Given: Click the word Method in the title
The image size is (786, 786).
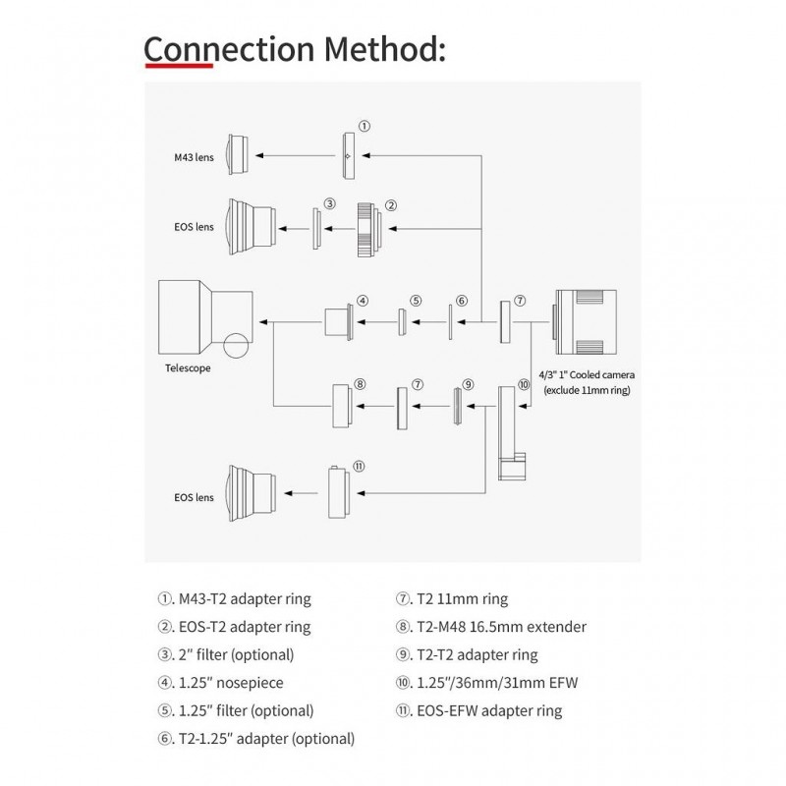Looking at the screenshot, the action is click(x=384, y=49).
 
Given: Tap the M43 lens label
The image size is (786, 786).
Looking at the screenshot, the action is click(x=194, y=157).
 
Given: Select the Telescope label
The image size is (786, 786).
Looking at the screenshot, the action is click(x=188, y=367).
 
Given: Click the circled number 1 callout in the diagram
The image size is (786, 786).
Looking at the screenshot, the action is click(x=365, y=126).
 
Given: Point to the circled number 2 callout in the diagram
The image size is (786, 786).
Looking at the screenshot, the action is click(x=391, y=205).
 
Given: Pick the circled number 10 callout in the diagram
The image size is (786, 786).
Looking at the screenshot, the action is click(x=524, y=384).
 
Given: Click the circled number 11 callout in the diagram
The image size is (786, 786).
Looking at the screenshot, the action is click(x=359, y=466).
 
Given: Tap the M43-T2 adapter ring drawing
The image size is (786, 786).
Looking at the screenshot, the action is click(x=349, y=156).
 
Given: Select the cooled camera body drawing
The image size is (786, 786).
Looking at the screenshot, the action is click(x=585, y=322).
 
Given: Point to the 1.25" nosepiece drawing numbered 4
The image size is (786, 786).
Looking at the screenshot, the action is click(x=339, y=322).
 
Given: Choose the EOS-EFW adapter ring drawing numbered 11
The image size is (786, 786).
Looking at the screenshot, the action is click(x=338, y=492).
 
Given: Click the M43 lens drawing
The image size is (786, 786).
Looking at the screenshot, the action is click(x=238, y=154).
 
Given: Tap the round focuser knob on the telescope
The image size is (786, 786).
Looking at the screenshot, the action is click(x=236, y=346).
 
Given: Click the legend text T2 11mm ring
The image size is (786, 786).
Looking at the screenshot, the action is click(x=462, y=599).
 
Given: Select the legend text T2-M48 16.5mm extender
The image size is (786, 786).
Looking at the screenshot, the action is click(x=501, y=627).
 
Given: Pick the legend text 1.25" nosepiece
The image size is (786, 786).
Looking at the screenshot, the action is click(x=231, y=683).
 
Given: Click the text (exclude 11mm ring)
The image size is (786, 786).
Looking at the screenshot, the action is click(x=587, y=390).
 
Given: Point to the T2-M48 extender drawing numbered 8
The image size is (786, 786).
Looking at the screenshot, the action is click(x=342, y=406).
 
